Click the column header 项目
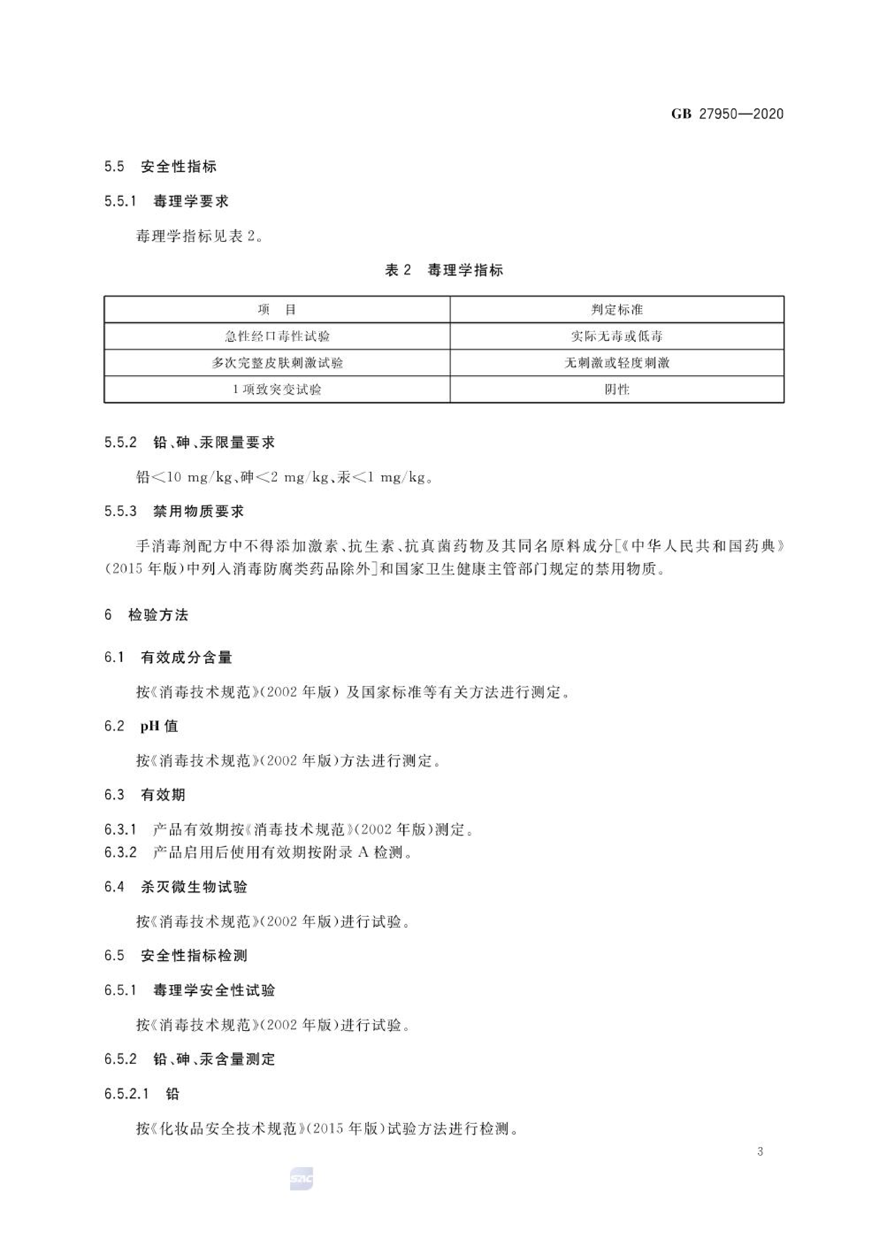pyautogui.click(x=277, y=310)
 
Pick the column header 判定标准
pyautogui.click(x=616, y=310)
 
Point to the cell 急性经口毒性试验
pyautogui.click(x=277, y=336)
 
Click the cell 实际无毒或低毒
pyautogui.click(x=616, y=336)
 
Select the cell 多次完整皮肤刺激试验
pyautogui.click(x=277, y=363)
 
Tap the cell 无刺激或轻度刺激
pyautogui.click(x=616, y=363)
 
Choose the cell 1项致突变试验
pyautogui.click(x=277, y=389)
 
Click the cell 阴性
pyautogui.click(x=616, y=389)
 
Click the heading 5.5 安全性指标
pyautogui.click(x=161, y=166)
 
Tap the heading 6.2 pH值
pyautogui.click(x=141, y=726)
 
